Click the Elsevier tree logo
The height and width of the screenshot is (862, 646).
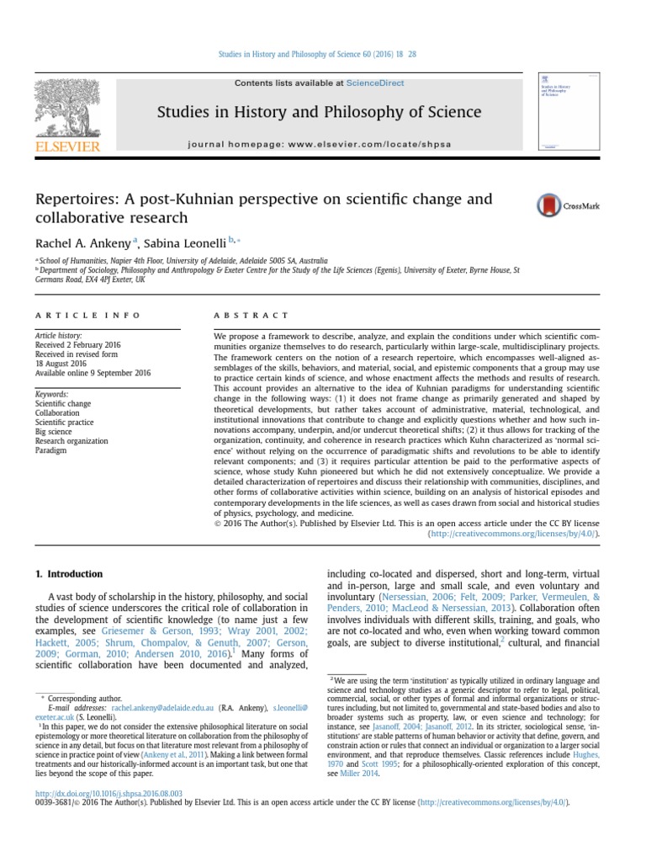pyautogui.click(x=66, y=110)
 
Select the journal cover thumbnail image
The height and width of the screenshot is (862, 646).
pyautogui.click(x=563, y=112)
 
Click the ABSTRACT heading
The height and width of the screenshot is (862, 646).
pyautogui.click(x=240, y=315)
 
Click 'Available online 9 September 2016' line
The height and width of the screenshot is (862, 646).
pyautogui.click(x=93, y=373)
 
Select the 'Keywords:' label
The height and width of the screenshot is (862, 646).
pyautogui.click(x=52, y=394)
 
